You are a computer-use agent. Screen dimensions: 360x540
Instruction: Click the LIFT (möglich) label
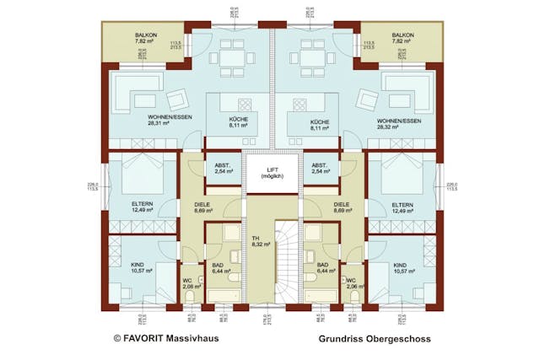coord(270,174)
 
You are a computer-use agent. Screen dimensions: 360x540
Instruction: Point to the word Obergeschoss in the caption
coord(400,339)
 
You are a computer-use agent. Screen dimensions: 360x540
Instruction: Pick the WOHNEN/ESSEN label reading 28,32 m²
coord(400,120)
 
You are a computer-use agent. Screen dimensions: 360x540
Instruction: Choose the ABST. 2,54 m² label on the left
coord(223,168)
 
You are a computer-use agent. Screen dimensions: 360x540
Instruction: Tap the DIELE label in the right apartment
coord(341,207)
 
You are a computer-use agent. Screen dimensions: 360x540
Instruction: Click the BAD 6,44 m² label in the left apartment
coord(221,268)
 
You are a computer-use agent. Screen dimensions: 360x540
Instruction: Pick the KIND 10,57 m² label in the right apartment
coord(406,267)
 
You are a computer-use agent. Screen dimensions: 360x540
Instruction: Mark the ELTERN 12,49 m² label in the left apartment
coord(141,207)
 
